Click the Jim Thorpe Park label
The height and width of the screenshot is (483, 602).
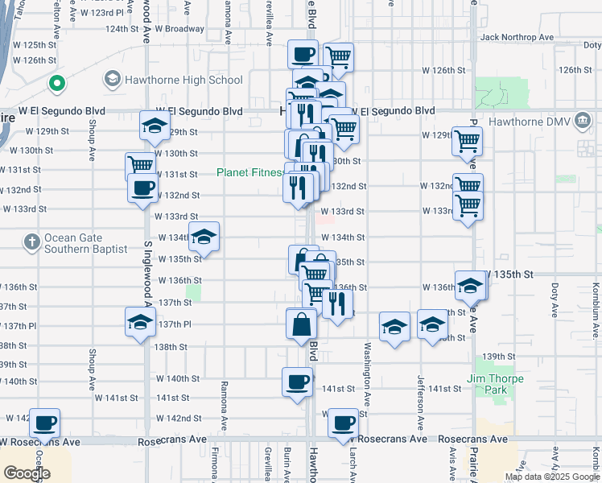point(495,384)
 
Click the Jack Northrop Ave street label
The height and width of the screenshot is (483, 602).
point(516,37)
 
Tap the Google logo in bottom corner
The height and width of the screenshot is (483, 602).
point(27,473)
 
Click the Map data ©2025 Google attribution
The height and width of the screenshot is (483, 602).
point(552,477)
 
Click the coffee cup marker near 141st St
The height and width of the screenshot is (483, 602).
point(297,381)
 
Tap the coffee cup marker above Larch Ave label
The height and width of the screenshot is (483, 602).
point(344,423)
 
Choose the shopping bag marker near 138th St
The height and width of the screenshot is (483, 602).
point(301,324)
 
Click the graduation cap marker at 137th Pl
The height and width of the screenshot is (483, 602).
point(141,324)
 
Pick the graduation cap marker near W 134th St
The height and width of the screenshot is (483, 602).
point(204,237)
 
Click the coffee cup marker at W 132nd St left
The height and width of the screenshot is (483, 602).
point(142,188)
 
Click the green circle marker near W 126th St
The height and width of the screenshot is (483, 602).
point(56,82)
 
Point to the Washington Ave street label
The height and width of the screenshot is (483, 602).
point(367,374)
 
